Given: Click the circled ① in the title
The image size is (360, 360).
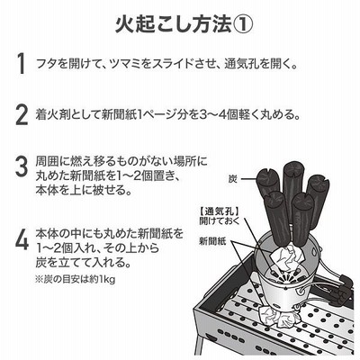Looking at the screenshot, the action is tap(242, 24).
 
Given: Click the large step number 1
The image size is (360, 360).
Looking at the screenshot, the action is tap(21, 64).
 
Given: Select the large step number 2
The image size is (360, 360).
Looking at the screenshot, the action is tap(22, 115).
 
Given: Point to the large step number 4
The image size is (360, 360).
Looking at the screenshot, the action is tap(22, 239).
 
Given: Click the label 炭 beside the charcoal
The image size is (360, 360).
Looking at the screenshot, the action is tap(233, 179).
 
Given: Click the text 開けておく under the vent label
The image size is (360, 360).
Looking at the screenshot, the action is tap(220, 221).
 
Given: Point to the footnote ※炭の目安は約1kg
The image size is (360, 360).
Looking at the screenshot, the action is tap(76, 280).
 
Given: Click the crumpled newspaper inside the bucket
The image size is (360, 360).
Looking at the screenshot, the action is tap(287, 256).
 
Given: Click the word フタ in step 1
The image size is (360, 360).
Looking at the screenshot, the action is tap(45, 64).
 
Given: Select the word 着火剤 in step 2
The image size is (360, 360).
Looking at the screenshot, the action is tap(50, 115).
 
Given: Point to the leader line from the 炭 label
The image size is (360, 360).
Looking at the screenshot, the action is tap(248, 180).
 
